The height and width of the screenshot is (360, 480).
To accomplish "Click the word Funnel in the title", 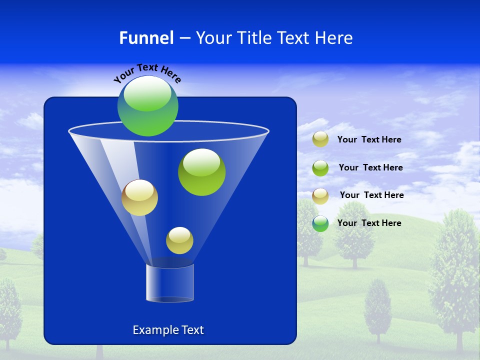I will (146, 38).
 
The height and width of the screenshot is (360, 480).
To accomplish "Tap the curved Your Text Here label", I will (147, 73).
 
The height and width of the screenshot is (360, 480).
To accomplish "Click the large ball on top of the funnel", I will (148, 106).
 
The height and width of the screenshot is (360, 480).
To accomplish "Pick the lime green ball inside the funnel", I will (201, 172).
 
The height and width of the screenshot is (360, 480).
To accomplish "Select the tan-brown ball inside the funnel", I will (139, 197).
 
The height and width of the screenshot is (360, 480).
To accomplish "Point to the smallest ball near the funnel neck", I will (179, 240).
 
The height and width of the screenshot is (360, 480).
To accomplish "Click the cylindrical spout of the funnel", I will (170, 283).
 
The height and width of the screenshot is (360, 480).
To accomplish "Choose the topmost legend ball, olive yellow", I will (320, 139).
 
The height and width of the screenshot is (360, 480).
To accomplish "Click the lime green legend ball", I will (320, 168).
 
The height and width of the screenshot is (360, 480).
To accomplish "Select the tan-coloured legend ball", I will (320, 196).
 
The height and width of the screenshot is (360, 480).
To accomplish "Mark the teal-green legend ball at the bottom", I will (320, 223).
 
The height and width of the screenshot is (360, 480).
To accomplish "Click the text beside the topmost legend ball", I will (369, 140).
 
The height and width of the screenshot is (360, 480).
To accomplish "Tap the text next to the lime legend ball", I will (370, 168).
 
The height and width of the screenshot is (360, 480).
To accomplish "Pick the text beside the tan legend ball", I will (371, 195).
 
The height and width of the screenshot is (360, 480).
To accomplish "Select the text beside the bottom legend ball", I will (369, 223).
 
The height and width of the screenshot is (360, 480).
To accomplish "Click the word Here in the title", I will (335, 38).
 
